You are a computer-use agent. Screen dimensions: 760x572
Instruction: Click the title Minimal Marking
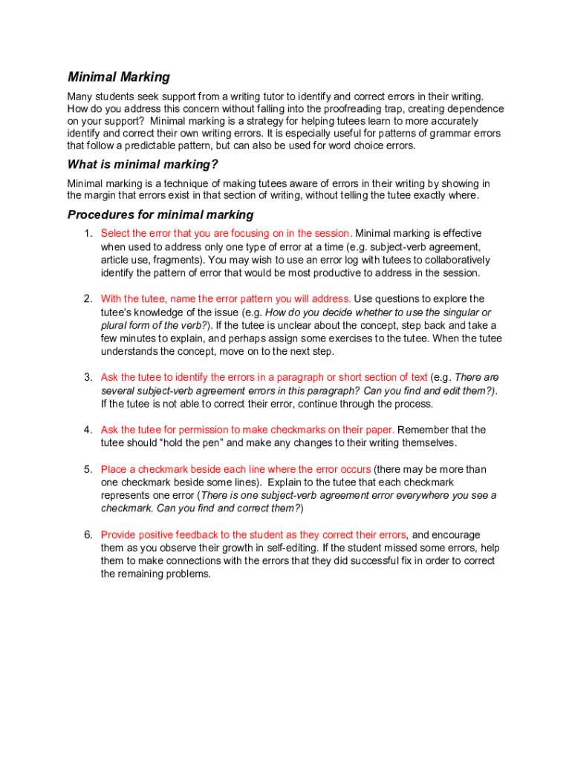click(x=119, y=77)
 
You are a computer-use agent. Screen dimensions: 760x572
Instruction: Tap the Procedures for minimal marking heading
click(x=160, y=215)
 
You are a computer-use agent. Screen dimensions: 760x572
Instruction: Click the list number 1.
click(x=88, y=234)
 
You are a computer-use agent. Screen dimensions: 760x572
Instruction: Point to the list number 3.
click(x=88, y=378)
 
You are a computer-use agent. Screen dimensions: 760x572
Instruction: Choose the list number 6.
click(x=88, y=535)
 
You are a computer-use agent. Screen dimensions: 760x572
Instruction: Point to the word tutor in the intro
click(x=248, y=96)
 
